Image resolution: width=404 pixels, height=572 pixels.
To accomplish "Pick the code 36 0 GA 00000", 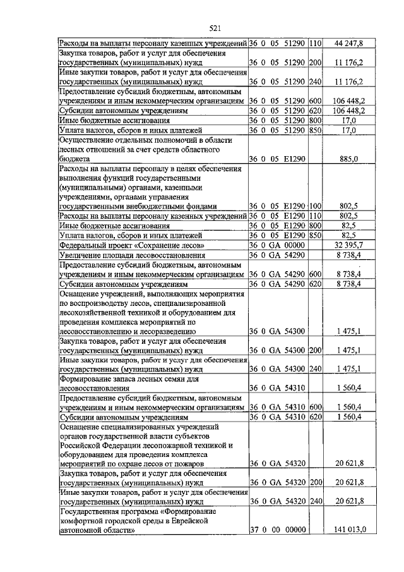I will click(278, 245).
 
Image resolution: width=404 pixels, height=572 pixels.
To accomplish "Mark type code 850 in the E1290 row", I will click(316, 234).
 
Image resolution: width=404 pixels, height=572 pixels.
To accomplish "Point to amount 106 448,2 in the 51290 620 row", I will click(347, 111).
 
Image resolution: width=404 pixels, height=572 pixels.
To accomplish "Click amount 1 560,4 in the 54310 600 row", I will click(348, 407).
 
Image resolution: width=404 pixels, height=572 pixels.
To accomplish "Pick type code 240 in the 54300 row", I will click(316, 369).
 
